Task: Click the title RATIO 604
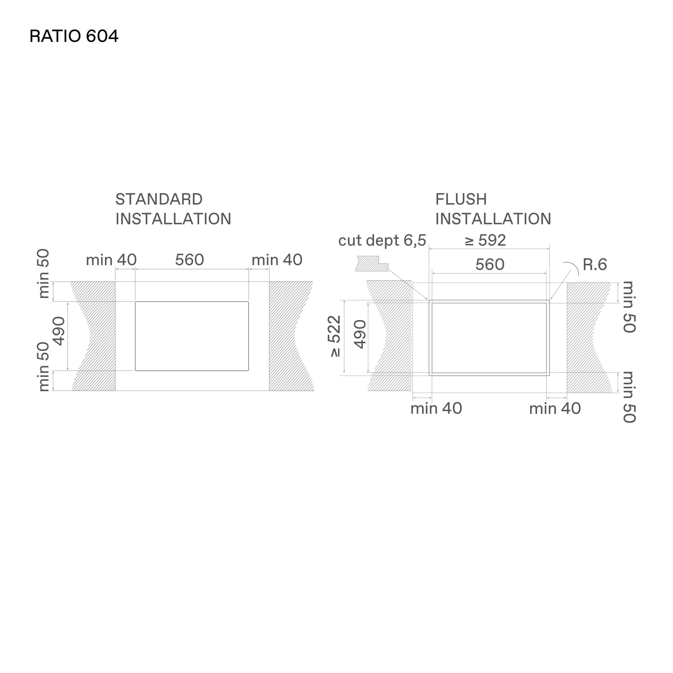pos(74,36)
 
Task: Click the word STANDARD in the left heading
pos(159,200)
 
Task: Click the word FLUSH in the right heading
pos(461,200)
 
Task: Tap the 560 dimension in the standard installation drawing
pos(190,260)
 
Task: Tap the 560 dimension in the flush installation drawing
pos(490,265)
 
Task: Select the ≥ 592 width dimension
pos(485,240)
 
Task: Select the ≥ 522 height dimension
pos(335,336)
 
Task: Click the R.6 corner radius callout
pos(595,265)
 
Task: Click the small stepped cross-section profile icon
pos(372,264)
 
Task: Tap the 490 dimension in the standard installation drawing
pos(59,331)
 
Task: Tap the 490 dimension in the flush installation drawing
pos(360,334)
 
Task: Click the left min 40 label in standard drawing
pos(111,260)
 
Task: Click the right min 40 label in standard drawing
pos(277,260)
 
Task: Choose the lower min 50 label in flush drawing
pos(629,397)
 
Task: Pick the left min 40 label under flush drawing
pos(436,409)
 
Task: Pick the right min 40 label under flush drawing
pos(555,409)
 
